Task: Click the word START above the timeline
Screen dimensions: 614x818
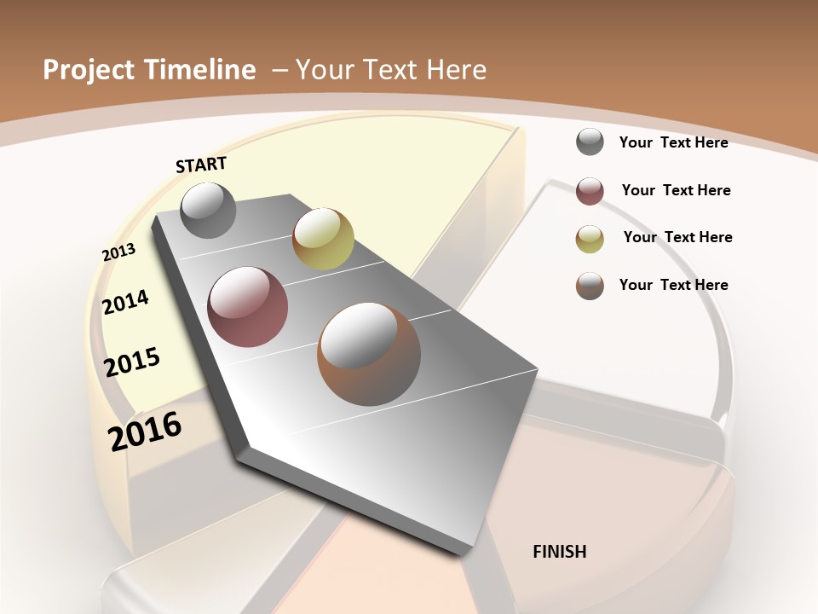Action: pos(201,165)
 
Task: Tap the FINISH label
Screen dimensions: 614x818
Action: pos(559,552)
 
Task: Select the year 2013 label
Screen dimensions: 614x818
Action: pos(118,252)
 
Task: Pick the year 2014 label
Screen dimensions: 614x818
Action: pos(126,303)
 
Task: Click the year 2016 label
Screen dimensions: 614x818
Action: pos(145,432)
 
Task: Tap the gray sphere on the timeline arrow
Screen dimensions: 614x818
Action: pos(209,210)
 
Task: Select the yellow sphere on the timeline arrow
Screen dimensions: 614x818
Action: pos(323,238)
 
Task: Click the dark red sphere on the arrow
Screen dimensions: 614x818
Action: pos(248,307)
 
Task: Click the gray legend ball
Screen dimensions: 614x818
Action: pos(590,142)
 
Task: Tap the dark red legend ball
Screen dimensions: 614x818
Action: pos(590,191)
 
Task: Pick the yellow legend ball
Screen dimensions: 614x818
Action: pos(590,239)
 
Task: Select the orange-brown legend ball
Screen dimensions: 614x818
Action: pos(590,286)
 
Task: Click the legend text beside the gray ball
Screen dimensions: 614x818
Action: pos(673,142)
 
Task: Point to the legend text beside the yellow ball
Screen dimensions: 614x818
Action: pos(677,237)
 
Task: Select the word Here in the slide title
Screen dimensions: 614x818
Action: pos(456,70)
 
